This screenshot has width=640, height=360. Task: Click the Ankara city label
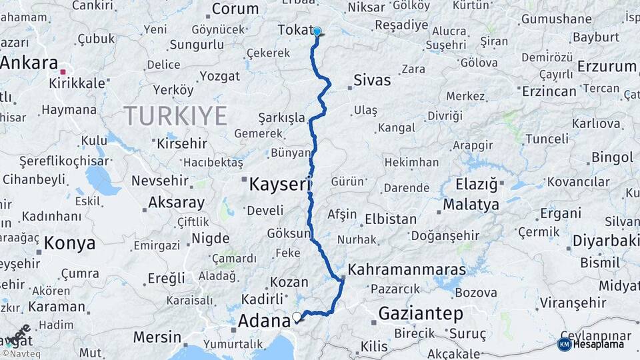29,63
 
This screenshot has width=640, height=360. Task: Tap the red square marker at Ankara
63,72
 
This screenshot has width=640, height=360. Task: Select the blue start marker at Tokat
317,31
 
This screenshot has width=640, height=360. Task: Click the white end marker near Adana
297,317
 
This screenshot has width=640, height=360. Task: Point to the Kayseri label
280,184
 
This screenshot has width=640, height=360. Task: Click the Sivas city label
372,80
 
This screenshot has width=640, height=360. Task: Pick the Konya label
69,243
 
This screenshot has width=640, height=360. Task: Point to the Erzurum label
607,67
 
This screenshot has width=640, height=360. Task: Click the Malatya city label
471,205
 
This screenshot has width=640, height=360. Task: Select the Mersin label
157,337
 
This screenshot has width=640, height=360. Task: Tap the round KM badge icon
564,345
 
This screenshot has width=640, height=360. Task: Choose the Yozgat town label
219,76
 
